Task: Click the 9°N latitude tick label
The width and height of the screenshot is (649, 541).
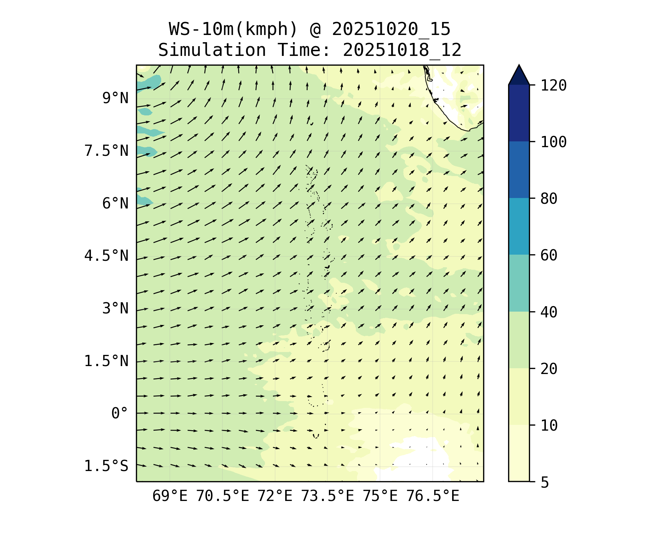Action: click(x=115, y=98)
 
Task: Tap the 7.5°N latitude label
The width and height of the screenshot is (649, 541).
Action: click(x=106, y=151)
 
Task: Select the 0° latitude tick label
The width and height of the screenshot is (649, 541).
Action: click(x=120, y=413)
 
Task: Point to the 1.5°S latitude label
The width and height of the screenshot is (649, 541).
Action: click(x=106, y=466)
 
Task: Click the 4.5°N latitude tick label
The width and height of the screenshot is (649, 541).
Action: click(x=106, y=256)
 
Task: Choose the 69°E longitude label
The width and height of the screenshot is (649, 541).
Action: click(x=170, y=496)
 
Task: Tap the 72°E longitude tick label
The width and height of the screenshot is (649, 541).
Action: click(x=275, y=496)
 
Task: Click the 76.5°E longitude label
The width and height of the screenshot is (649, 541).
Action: click(x=433, y=496)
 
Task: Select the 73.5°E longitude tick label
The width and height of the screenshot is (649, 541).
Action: click(x=327, y=496)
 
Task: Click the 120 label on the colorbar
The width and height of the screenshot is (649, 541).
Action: click(x=553, y=85)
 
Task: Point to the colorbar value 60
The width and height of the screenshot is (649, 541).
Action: click(x=549, y=255)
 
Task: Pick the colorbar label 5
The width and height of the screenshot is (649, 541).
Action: click(x=544, y=482)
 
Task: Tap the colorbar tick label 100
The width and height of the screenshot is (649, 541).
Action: click(x=553, y=142)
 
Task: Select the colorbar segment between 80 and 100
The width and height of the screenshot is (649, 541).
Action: click(x=519, y=170)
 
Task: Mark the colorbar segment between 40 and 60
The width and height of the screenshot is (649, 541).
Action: click(x=519, y=283)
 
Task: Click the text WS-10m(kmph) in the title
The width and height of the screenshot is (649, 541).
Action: click(x=233, y=29)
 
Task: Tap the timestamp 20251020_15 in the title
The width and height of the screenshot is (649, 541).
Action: click(x=391, y=29)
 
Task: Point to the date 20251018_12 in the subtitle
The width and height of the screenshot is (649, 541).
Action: click(x=402, y=50)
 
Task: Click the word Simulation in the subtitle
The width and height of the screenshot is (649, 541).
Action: click(x=212, y=50)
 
